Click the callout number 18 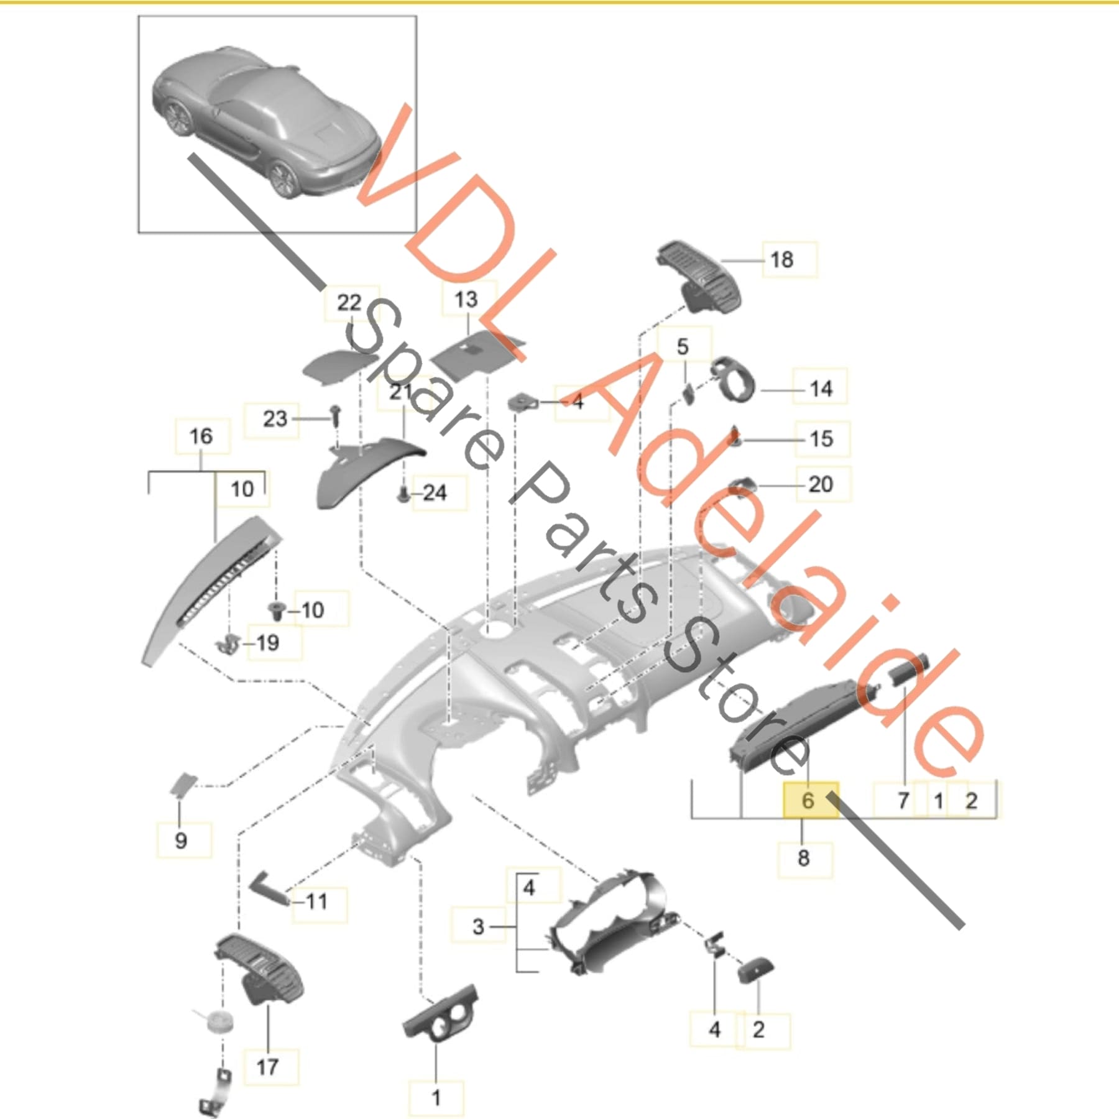click(781, 259)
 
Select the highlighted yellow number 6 click(808, 800)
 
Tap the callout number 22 click(349, 303)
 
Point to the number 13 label click(466, 300)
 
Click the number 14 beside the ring click(821, 389)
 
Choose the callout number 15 click(821, 439)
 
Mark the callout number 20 click(821, 484)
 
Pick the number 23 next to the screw click(275, 419)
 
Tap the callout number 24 click(435, 493)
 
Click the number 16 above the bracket click(201, 436)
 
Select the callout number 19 click(267, 643)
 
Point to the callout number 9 click(181, 840)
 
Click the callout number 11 click(316, 901)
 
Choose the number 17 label click(267, 1067)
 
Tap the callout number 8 click(803, 859)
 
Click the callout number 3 click(477, 926)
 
